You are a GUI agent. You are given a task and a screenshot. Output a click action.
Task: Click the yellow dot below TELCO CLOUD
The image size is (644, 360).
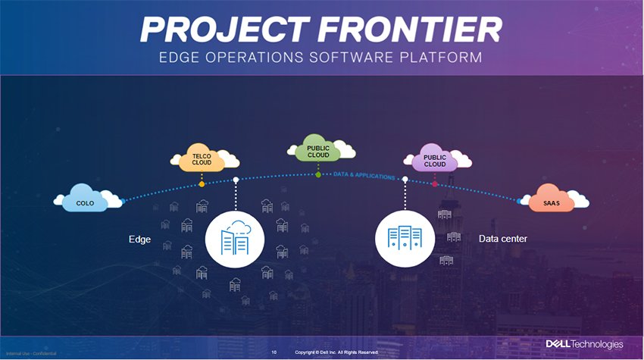coord(202,184)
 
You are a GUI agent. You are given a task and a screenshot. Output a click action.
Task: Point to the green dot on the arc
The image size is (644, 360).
coord(318,175)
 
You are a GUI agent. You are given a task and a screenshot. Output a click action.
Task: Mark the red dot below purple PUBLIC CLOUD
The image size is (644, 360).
coord(435,183)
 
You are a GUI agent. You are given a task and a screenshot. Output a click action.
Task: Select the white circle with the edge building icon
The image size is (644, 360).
coord(234,238)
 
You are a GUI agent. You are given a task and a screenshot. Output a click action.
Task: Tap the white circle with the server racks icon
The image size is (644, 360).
coord(405,238)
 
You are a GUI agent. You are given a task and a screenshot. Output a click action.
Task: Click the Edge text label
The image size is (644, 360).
coord(139,239)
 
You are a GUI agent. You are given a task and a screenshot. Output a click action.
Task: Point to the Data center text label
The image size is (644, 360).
coord(503,239)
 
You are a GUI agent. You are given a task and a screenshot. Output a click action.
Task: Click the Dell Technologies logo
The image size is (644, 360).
coord(584,345)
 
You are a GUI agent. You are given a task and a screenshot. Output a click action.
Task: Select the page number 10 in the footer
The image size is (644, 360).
coord(274,352)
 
